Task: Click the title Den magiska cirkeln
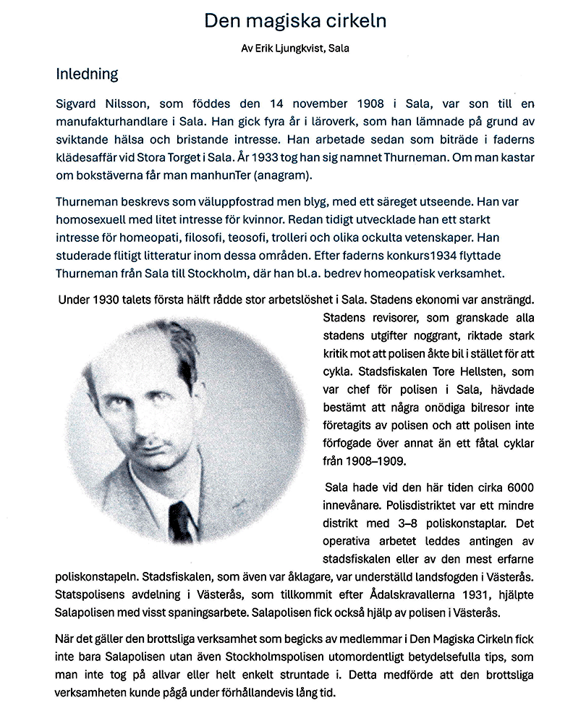tap(294, 21)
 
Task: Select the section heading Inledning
tap(87, 75)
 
